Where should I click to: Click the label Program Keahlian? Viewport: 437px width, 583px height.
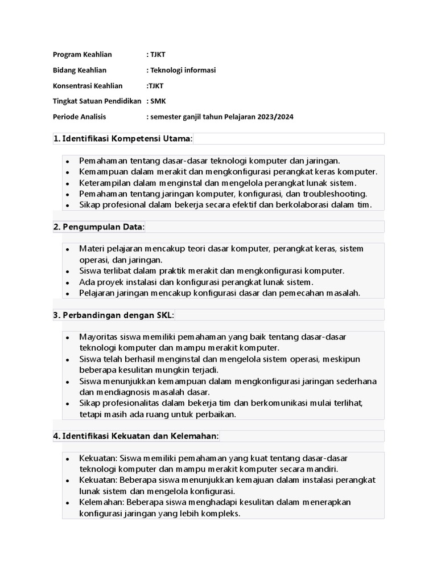(x=82, y=55)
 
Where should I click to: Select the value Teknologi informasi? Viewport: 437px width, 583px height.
(x=183, y=70)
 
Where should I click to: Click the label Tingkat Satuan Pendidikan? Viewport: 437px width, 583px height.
(x=96, y=101)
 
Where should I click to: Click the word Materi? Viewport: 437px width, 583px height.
(x=92, y=249)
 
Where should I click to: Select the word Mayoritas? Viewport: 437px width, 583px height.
(x=98, y=337)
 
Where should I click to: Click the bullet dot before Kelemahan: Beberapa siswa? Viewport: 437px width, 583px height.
(x=67, y=503)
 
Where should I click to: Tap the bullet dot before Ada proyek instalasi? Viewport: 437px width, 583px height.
(x=67, y=283)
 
